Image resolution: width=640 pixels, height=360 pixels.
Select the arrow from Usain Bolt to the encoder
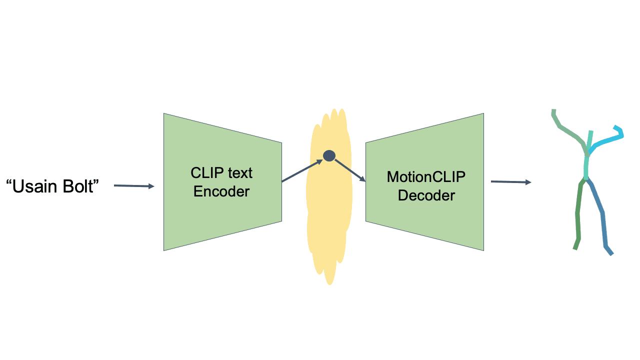pos(134,186)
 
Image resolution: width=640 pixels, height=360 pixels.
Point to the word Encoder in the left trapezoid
pos(221,191)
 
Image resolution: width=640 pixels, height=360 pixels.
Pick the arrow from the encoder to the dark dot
pos(302,171)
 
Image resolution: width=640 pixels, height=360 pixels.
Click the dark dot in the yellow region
pos(329,155)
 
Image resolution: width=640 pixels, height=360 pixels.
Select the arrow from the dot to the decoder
pos(350,170)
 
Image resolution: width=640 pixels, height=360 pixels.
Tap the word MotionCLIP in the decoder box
pos(426,176)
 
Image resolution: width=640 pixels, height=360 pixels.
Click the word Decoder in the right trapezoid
pos(426,195)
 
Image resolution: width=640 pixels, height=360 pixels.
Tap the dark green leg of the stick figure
pos(578,215)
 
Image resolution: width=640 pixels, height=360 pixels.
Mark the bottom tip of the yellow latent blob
pos(329,283)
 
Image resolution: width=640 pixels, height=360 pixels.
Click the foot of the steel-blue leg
pos(609,251)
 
